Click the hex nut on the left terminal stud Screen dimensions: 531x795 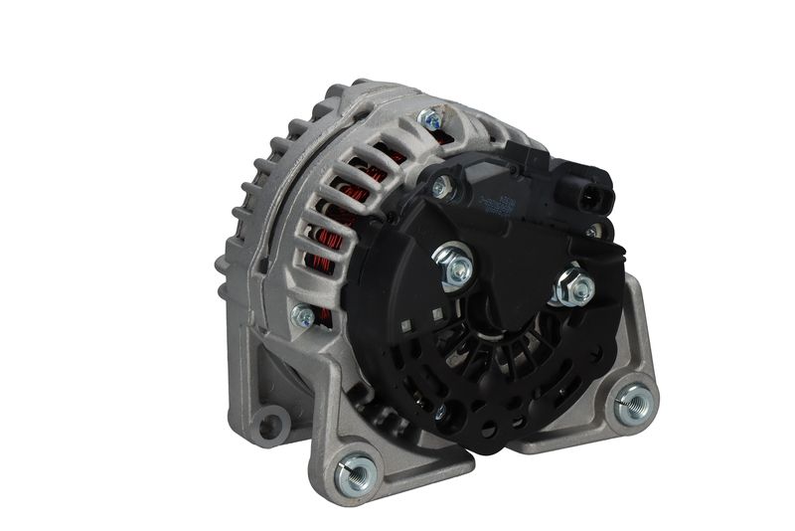tap(455, 266)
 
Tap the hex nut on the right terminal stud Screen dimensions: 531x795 tap(574, 287)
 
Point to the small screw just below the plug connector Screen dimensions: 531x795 tap(593, 231)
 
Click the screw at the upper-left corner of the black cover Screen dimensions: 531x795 tap(440, 185)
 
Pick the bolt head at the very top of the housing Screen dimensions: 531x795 tap(430, 120)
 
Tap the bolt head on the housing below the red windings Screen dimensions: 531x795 tap(302, 316)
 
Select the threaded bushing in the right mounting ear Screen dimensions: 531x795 tap(633, 403)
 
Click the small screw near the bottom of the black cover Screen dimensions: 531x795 tap(438, 410)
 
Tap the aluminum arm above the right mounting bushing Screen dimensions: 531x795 tap(632, 338)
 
